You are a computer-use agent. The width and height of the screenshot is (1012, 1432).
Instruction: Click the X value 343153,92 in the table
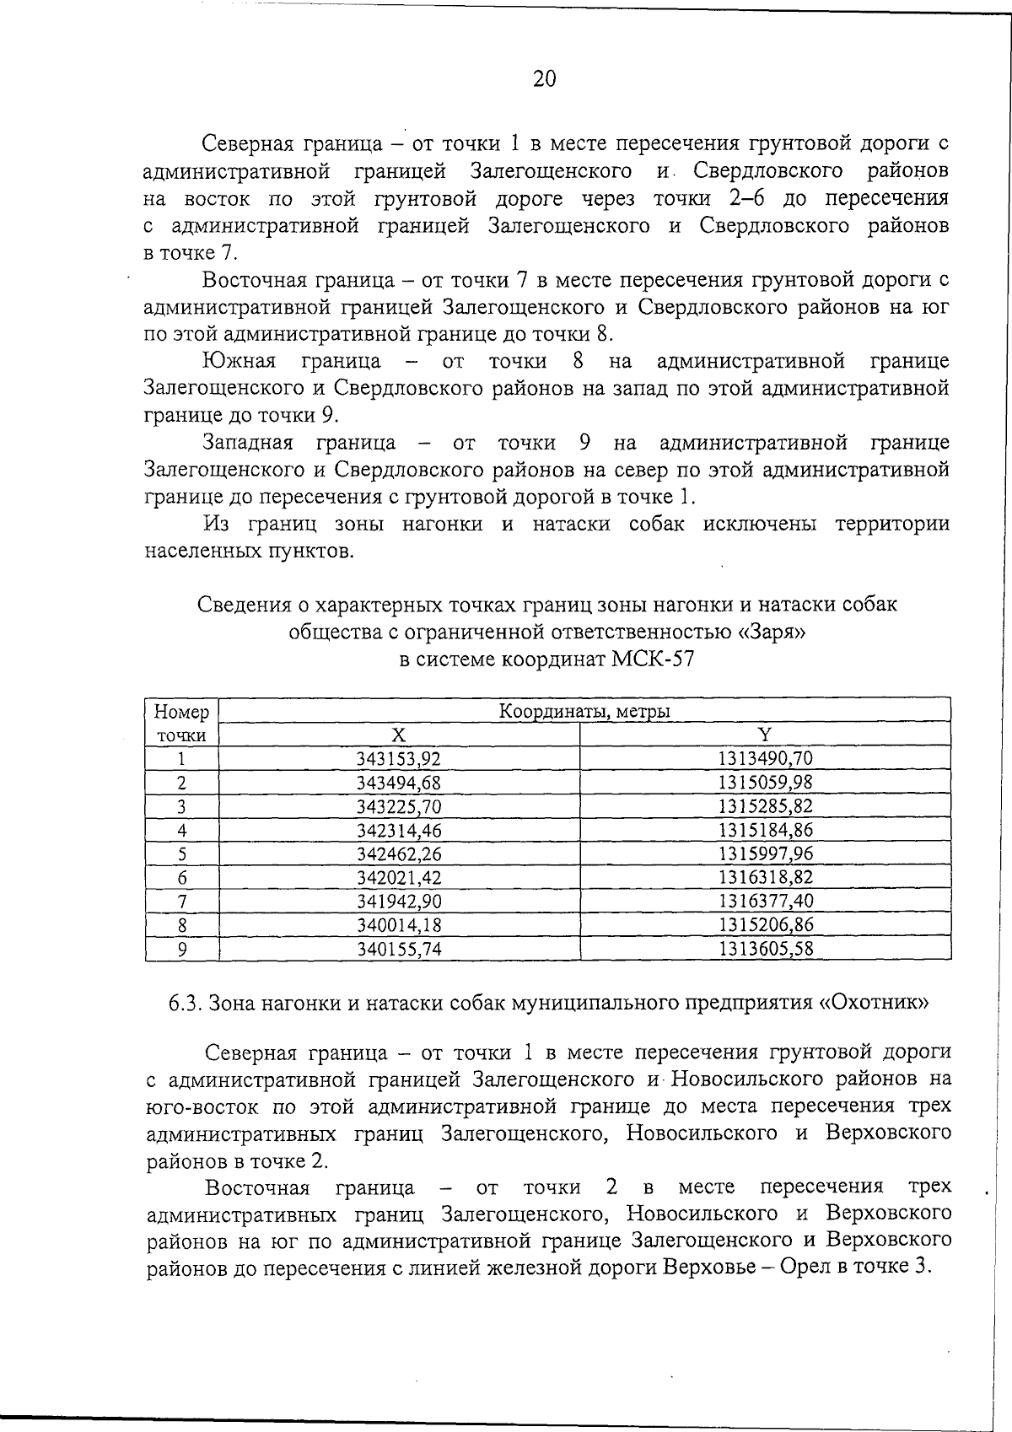tap(399, 759)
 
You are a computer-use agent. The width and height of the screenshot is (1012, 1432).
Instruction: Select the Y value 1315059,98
tap(765, 783)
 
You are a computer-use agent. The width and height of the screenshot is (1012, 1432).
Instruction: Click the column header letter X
tap(399, 735)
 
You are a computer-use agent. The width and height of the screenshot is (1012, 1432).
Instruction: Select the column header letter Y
tap(765, 735)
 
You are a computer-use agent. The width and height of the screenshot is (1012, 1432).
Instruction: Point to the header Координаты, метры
tap(584, 712)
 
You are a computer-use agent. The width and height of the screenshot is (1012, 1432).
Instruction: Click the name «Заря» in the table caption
tap(772, 631)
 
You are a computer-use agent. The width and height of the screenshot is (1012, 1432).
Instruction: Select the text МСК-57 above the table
tap(652, 659)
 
